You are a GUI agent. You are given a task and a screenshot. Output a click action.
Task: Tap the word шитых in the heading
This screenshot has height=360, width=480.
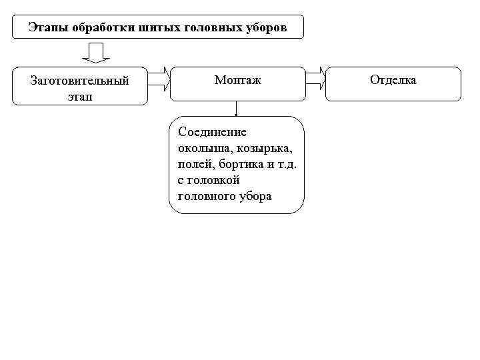pos(157,28)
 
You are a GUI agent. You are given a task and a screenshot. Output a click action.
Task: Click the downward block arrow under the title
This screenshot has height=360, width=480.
pos(98,53)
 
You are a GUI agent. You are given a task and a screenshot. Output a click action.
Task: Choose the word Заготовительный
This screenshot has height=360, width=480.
pos(80,81)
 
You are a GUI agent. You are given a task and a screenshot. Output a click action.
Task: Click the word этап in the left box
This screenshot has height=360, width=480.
pos(80,96)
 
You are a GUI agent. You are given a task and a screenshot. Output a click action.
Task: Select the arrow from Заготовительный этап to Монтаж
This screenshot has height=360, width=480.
pos(159,79)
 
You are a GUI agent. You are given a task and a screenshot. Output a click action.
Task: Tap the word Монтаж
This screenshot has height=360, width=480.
pos(237,80)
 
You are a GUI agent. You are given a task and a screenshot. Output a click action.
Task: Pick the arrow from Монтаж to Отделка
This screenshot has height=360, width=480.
pos(315,79)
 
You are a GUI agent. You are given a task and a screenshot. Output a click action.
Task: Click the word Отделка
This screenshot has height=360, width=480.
pos(393,80)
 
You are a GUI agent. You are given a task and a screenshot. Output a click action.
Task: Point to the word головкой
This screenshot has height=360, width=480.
pos(213,180)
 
